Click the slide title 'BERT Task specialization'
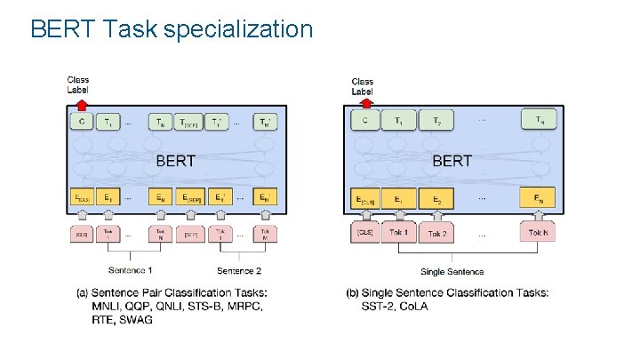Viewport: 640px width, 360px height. pyautogui.click(x=172, y=29)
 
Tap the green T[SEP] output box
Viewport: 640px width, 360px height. pyautogui.click(x=189, y=123)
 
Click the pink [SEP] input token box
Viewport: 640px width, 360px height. pyautogui.click(x=189, y=236)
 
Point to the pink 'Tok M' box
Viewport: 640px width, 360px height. pyautogui.click(x=264, y=236)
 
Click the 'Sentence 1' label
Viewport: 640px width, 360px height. pyautogui.click(x=131, y=269)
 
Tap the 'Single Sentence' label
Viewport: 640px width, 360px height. pyautogui.click(x=452, y=271)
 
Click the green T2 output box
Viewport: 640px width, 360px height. pyautogui.click(x=436, y=120)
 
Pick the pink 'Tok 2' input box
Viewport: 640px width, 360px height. pyautogui.click(x=436, y=233)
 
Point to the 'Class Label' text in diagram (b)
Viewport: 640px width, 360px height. pyautogui.click(x=363, y=86)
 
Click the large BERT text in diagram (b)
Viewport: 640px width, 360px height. pyautogui.click(x=452, y=161)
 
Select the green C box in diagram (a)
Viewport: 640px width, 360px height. pyautogui.click(x=81, y=123)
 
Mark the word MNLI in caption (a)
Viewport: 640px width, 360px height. pyautogui.click(x=108, y=306)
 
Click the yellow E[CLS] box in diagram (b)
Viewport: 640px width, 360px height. pyautogui.click(x=365, y=200)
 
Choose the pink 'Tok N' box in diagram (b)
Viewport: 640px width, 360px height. pyautogui.click(x=538, y=233)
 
